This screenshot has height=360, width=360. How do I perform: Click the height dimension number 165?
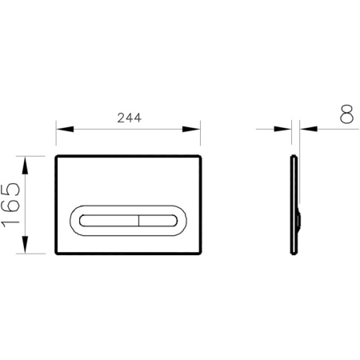[12, 203]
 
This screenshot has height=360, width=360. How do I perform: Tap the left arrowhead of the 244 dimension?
[62, 128]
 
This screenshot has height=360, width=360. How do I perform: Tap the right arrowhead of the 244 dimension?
[194, 128]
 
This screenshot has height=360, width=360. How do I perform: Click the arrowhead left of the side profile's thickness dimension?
[288, 128]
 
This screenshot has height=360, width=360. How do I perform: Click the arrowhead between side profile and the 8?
[303, 128]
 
